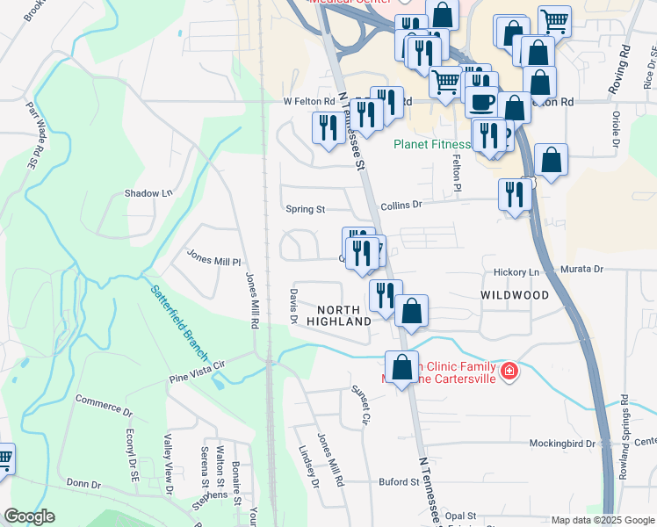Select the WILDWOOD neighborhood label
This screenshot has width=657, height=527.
[515, 296]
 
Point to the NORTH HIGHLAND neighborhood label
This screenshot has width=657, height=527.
[339, 316]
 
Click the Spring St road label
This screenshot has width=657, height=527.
[306, 209]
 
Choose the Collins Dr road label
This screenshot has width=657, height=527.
[401, 205]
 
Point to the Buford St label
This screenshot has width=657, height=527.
[399, 481]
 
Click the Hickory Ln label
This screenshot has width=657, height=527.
[522, 272]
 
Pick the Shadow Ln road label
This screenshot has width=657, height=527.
[148, 193]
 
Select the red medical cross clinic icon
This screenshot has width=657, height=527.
[507, 372]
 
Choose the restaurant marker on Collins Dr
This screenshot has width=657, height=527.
[512, 194]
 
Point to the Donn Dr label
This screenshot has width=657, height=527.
[84, 484]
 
